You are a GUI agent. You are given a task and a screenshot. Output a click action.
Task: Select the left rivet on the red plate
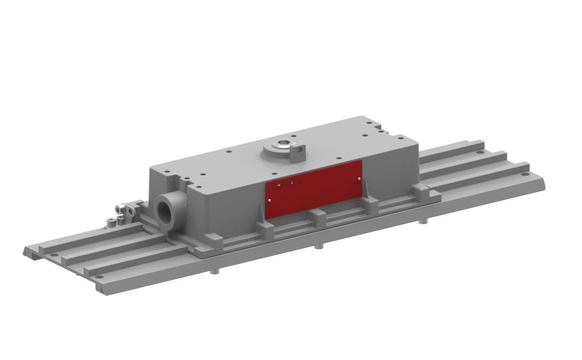[x=269, y=200]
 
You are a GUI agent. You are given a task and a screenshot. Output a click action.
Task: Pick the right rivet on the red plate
[x=360, y=179]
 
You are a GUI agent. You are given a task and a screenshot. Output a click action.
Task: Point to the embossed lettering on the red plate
[x=287, y=184]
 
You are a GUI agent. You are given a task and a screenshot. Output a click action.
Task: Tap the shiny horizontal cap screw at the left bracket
[x=120, y=208]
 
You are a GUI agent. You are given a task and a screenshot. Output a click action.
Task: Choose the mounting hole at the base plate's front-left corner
[x=101, y=277]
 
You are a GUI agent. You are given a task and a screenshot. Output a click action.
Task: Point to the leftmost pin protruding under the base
[x=213, y=271]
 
